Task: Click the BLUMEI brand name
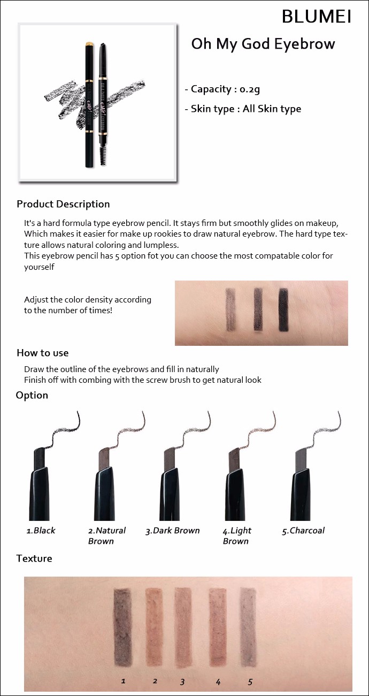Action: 317,16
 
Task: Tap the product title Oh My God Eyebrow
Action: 263,44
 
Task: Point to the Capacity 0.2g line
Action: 222,89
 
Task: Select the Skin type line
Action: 243,109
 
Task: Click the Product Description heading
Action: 63,204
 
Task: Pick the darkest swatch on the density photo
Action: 283,309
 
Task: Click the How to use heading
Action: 43,353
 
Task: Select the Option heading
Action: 32,395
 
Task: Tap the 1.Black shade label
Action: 41,530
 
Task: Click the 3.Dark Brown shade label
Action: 173,531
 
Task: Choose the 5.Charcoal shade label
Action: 303,531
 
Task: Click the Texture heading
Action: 34,558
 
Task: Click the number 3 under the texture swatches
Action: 182,682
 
